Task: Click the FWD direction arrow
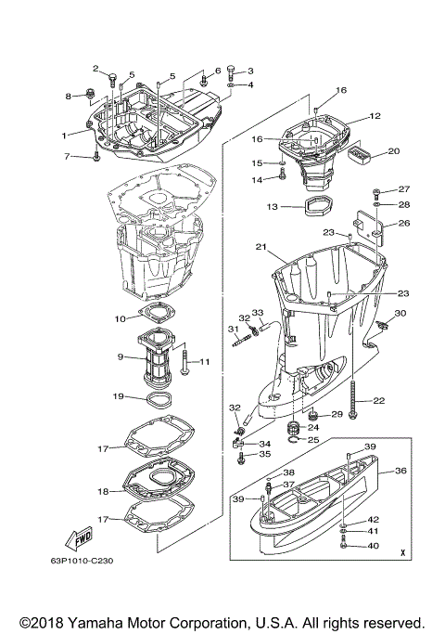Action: coord(77,539)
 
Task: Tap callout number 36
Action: coord(401,471)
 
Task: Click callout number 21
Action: coord(261,246)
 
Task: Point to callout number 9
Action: coord(121,356)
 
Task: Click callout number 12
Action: coord(375,117)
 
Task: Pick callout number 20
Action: coord(393,150)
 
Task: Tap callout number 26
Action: coord(403,223)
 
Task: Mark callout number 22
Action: coord(379,400)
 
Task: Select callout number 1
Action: coord(65,136)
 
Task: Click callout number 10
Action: coord(120,318)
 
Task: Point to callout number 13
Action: coord(273,207)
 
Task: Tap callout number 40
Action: coord(375,546)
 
